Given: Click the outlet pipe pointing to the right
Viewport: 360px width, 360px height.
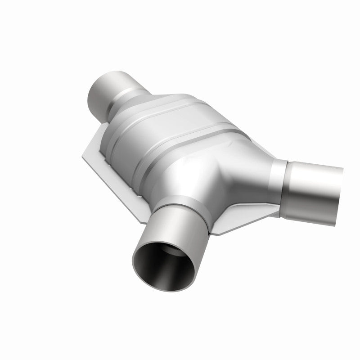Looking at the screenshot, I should click(x=315, y=184).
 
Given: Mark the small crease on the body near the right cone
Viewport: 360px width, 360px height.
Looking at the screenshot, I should click(x=234, y=144).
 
